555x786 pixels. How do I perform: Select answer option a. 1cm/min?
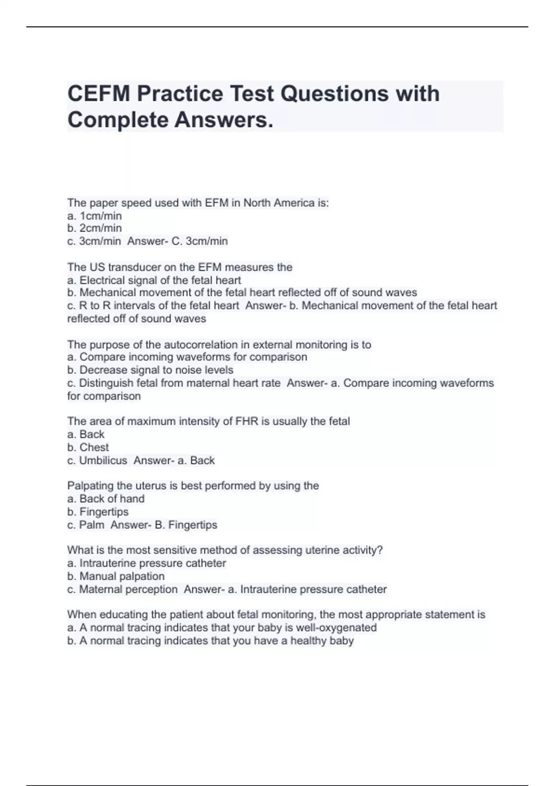[95, 216]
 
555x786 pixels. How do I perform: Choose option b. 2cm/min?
[95, 228]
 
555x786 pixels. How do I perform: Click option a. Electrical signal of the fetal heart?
[154, 280]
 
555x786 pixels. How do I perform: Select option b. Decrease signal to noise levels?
[150, 370]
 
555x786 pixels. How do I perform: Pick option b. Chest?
[88, 447]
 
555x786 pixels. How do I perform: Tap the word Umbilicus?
[103, 460]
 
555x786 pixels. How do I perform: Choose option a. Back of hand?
[106, 498]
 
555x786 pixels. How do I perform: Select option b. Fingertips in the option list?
[98, 512]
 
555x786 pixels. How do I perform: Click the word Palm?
[92, 525]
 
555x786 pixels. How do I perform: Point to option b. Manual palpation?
[116, 576]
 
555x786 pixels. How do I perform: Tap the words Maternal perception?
[128, 589]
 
